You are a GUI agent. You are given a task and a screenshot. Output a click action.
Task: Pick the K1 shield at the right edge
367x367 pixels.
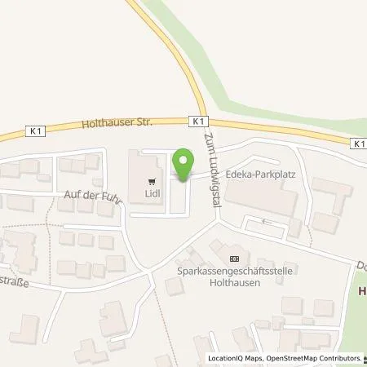pyautogui.click(x=359, y=143)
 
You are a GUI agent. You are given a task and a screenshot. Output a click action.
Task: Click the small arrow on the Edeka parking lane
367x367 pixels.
pyautogui.click(x=264, y=220)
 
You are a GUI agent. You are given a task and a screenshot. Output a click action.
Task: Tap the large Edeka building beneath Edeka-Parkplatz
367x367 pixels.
pyautogui.click(x=261, y=200)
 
